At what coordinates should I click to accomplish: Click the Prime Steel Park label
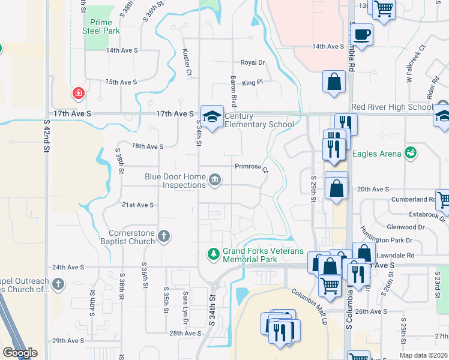click(x=101, y=26)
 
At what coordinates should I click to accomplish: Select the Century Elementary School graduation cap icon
click(x=211, y=116)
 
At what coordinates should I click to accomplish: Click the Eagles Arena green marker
click(x=411, y=153)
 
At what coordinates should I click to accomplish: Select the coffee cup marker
click(x=362, y=35)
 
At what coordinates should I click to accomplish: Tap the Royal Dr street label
click(x=253, y=62)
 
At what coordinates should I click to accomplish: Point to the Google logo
click(x=20, y=353)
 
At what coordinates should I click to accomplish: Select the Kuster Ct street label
click(x=187, y=62)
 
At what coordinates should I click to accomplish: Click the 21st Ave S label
click(x=138, y=205)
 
